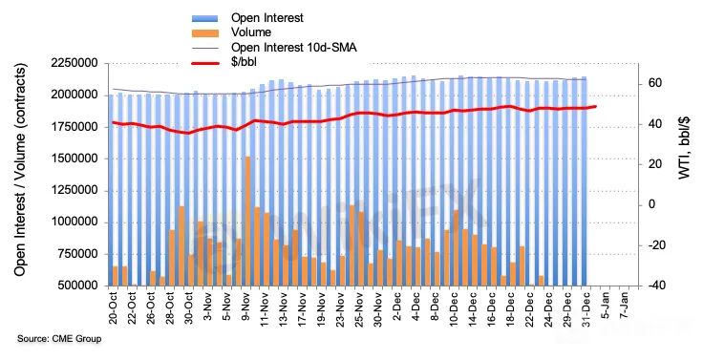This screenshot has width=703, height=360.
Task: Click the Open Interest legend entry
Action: (267, 18)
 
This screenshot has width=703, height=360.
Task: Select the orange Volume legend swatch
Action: (205, 32)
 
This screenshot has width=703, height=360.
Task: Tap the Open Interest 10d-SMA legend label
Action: (294, 47)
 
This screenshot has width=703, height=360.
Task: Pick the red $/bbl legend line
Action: (205, 63)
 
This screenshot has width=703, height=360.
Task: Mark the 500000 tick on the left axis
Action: (77, 286)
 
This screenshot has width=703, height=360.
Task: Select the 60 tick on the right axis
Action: (655, 83)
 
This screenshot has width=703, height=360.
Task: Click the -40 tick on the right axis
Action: (652, 286)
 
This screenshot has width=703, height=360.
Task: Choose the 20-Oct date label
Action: (113, 308)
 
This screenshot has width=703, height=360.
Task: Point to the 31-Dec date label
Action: (586, 308)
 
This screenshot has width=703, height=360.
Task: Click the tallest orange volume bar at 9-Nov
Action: (247, 221)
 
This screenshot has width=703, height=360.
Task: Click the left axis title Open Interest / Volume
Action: (20, 170)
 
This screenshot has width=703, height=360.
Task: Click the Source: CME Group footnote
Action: (59, 339)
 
